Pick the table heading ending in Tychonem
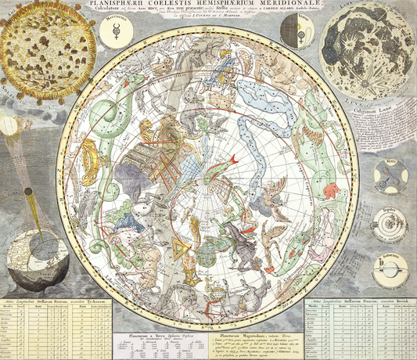(55, 301)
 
